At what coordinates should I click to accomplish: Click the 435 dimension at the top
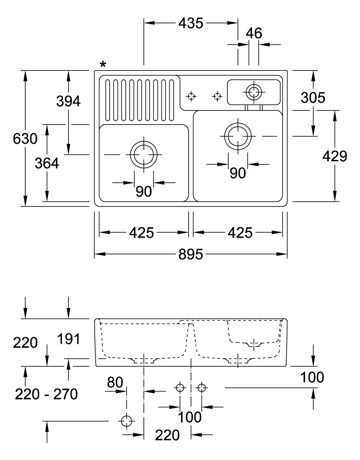coord(191,23)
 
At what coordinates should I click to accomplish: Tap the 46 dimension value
coord(254,33)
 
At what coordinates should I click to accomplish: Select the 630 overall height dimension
coord(25,139)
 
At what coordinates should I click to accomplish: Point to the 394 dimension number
coord(68,101)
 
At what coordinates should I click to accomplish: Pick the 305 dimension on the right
coord(313,98)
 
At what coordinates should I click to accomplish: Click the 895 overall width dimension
coord(191,255)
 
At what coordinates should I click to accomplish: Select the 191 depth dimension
coord(68,340)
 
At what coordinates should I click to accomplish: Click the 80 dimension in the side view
coord(115,382)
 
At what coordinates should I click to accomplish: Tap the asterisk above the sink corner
coord(103,64)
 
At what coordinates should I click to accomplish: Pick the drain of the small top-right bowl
coord(254,91)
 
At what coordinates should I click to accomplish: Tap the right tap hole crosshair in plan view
coord(218,96)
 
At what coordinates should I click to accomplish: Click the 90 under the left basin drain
coord(144,192)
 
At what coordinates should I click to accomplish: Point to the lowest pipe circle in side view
coord(126,421)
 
